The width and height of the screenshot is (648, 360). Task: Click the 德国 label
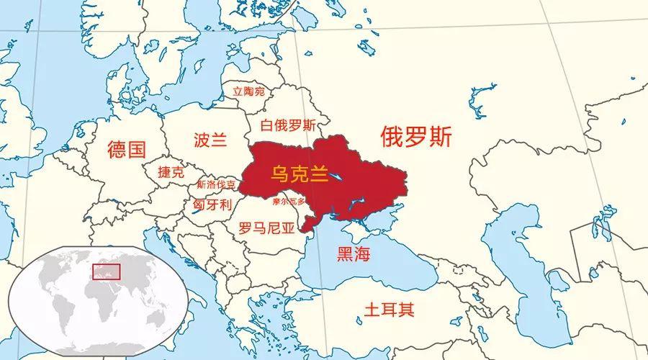pyautogui.click(x=127, y=150)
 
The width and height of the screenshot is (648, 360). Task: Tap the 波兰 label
pyautogui.click(x=211, y=140)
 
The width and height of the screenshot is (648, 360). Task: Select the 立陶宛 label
pyautogui.click(x=248, y=91)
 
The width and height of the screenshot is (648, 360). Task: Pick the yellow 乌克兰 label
pyautogui.click(x=299, y=174)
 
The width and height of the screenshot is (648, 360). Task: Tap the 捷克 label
pyautogui.click(x=171, y=173)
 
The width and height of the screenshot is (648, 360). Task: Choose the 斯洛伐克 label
pyautogui.click(x=215, y=184)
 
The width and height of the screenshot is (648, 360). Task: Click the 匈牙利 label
pyautogui.click(x=212, y=204)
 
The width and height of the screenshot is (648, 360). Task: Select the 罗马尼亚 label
pyautogui.click(x=266, y=229)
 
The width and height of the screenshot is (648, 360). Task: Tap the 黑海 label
pyautogui.click(x=354, y=253)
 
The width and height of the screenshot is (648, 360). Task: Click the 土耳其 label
pyautogui.click(x=389, y=310)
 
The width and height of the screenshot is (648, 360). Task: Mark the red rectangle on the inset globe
pyautogui.click(x=106, y=271)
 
